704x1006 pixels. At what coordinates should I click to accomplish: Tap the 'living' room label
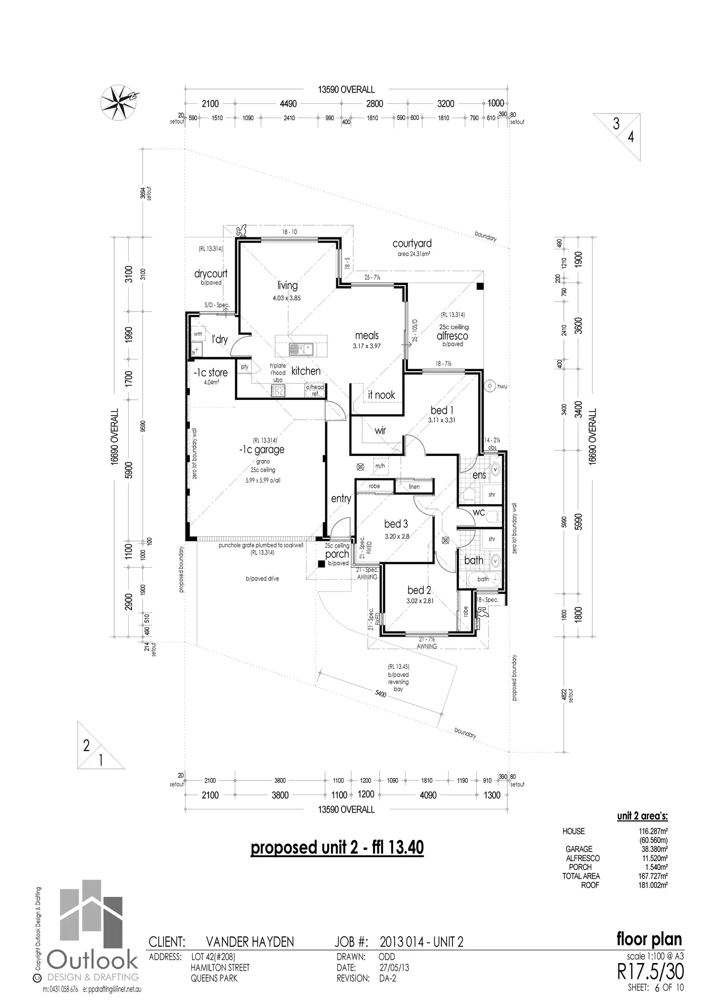click(287, 286)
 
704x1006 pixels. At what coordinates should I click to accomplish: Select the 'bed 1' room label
click(442, 410)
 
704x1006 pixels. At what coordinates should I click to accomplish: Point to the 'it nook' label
click(382, 395)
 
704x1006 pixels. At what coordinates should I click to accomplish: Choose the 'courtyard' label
click(412, 244)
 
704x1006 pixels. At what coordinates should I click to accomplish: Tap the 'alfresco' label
click(452, 336)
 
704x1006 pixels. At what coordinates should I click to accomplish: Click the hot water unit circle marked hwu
click(489, 386)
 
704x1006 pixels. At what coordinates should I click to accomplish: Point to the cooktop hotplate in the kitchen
click(278, 391)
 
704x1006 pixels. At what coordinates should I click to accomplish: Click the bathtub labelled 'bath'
click(483, 579)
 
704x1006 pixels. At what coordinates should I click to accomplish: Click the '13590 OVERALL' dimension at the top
click(346, 89)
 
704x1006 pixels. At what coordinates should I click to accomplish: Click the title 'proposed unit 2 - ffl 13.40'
click(337, 848)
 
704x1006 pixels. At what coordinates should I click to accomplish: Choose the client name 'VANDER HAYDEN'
click(250, 942)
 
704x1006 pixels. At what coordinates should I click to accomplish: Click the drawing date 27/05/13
click(395, 968)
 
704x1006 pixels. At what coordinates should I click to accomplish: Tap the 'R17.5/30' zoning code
click(651, 971)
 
